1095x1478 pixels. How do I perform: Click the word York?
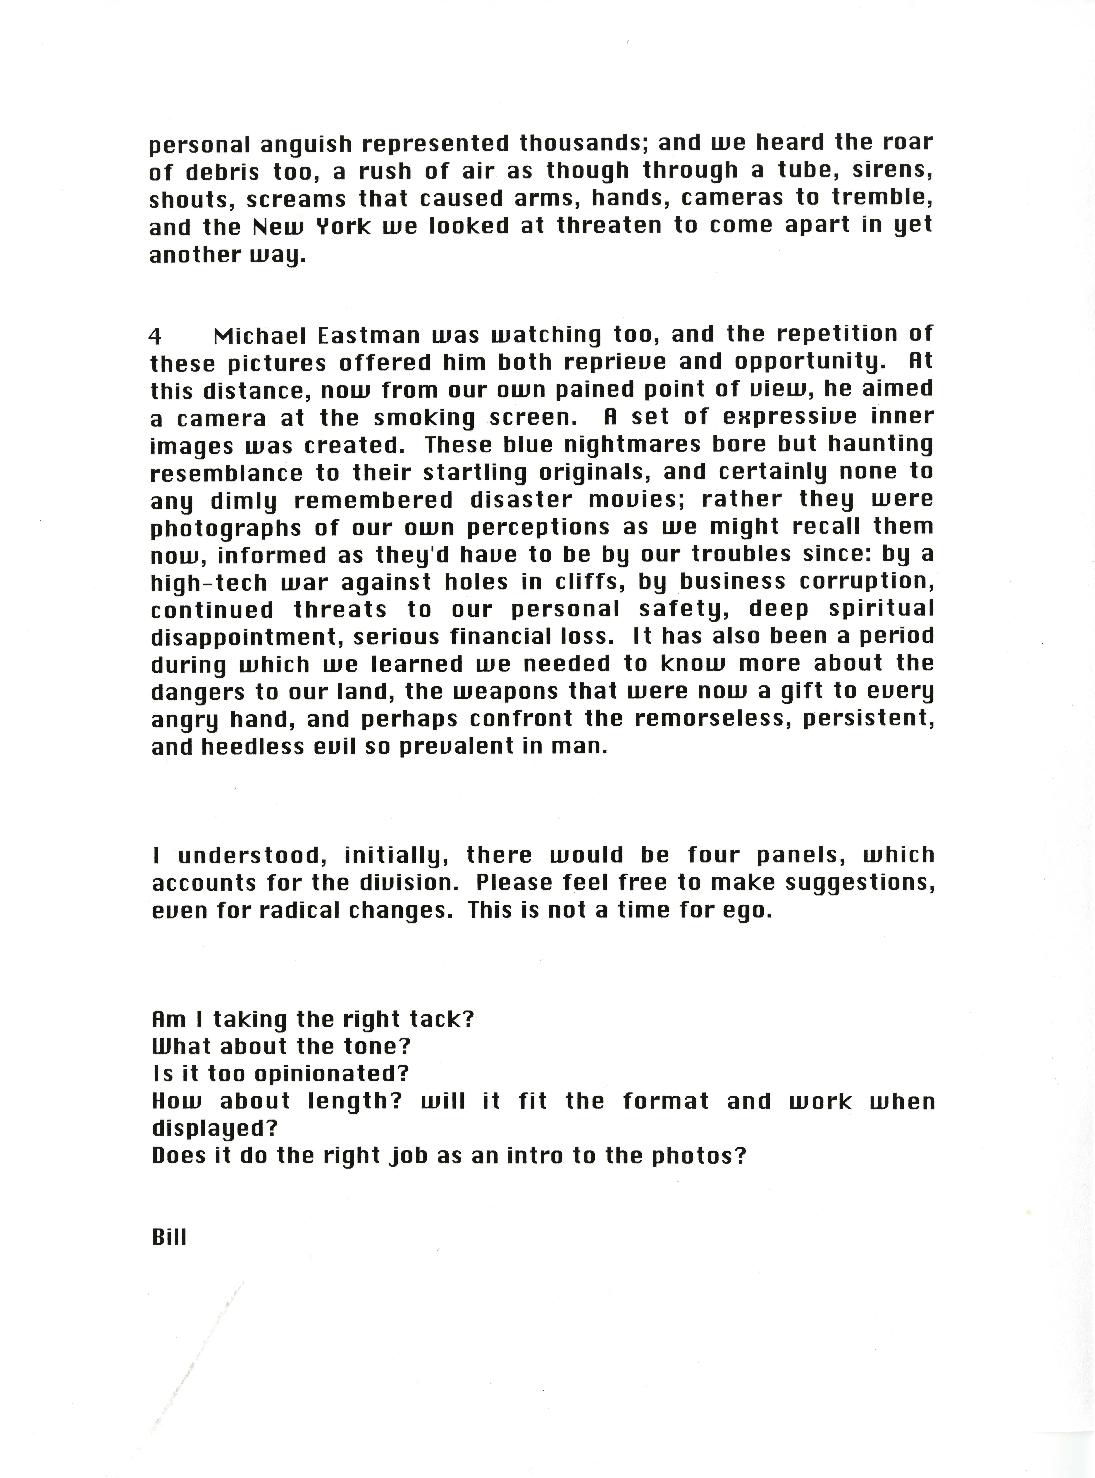pyautogui.click(x=343, y=227)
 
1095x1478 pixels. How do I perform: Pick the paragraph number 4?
pyautogui.click(x=155, y=337)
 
